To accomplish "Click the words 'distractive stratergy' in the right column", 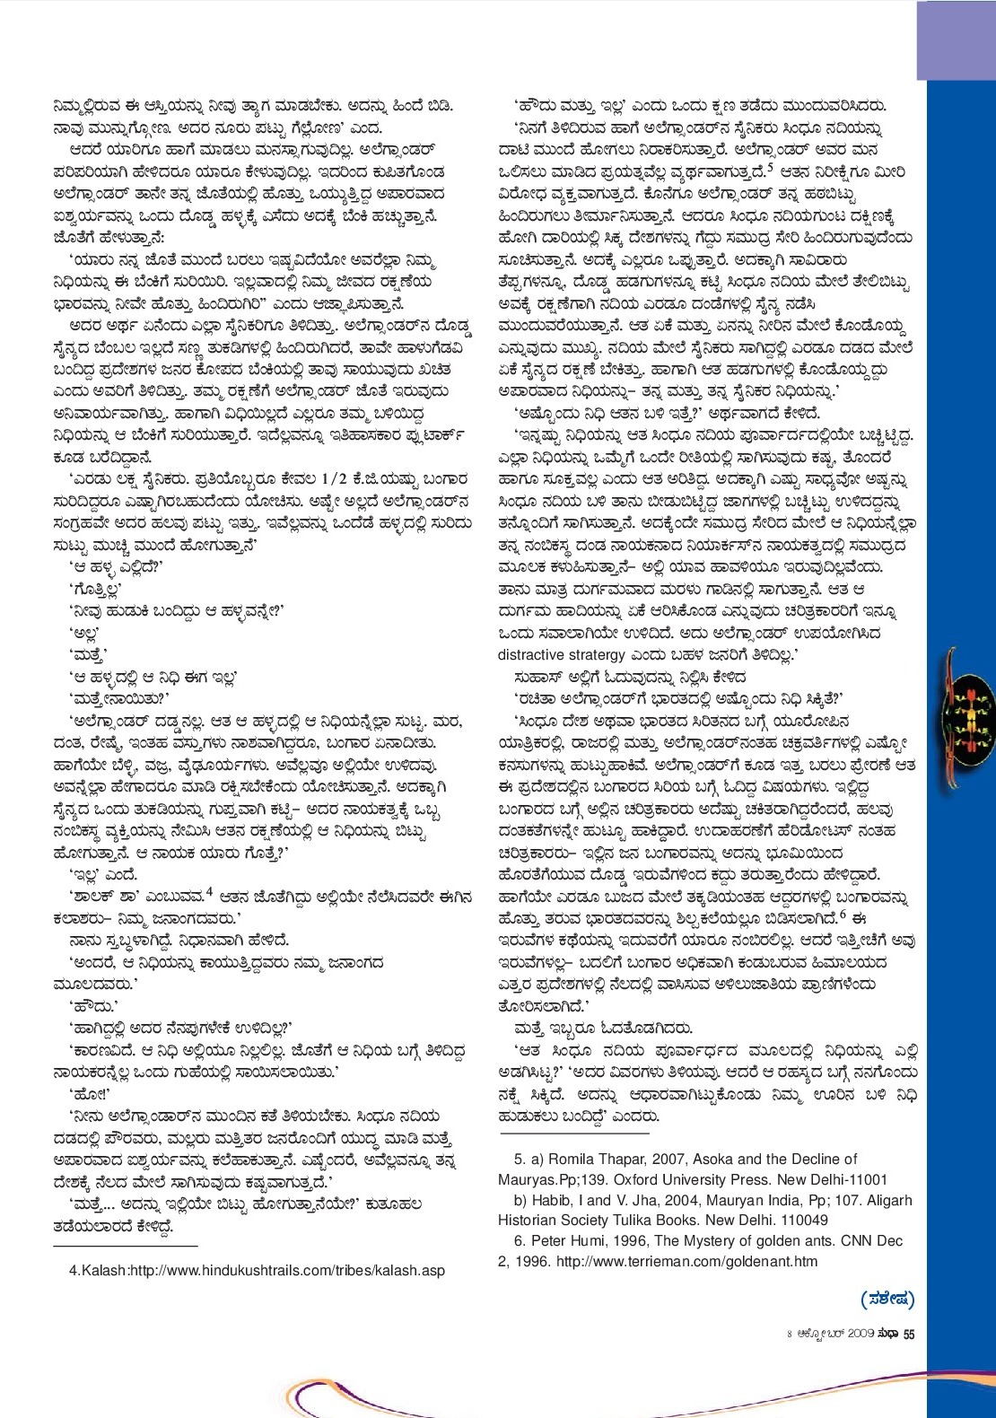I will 562,655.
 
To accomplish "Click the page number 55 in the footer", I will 908,1335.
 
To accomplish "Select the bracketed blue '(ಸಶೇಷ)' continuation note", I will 887,1299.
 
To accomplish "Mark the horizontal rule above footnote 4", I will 126,1247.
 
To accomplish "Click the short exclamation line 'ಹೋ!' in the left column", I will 89,1094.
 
